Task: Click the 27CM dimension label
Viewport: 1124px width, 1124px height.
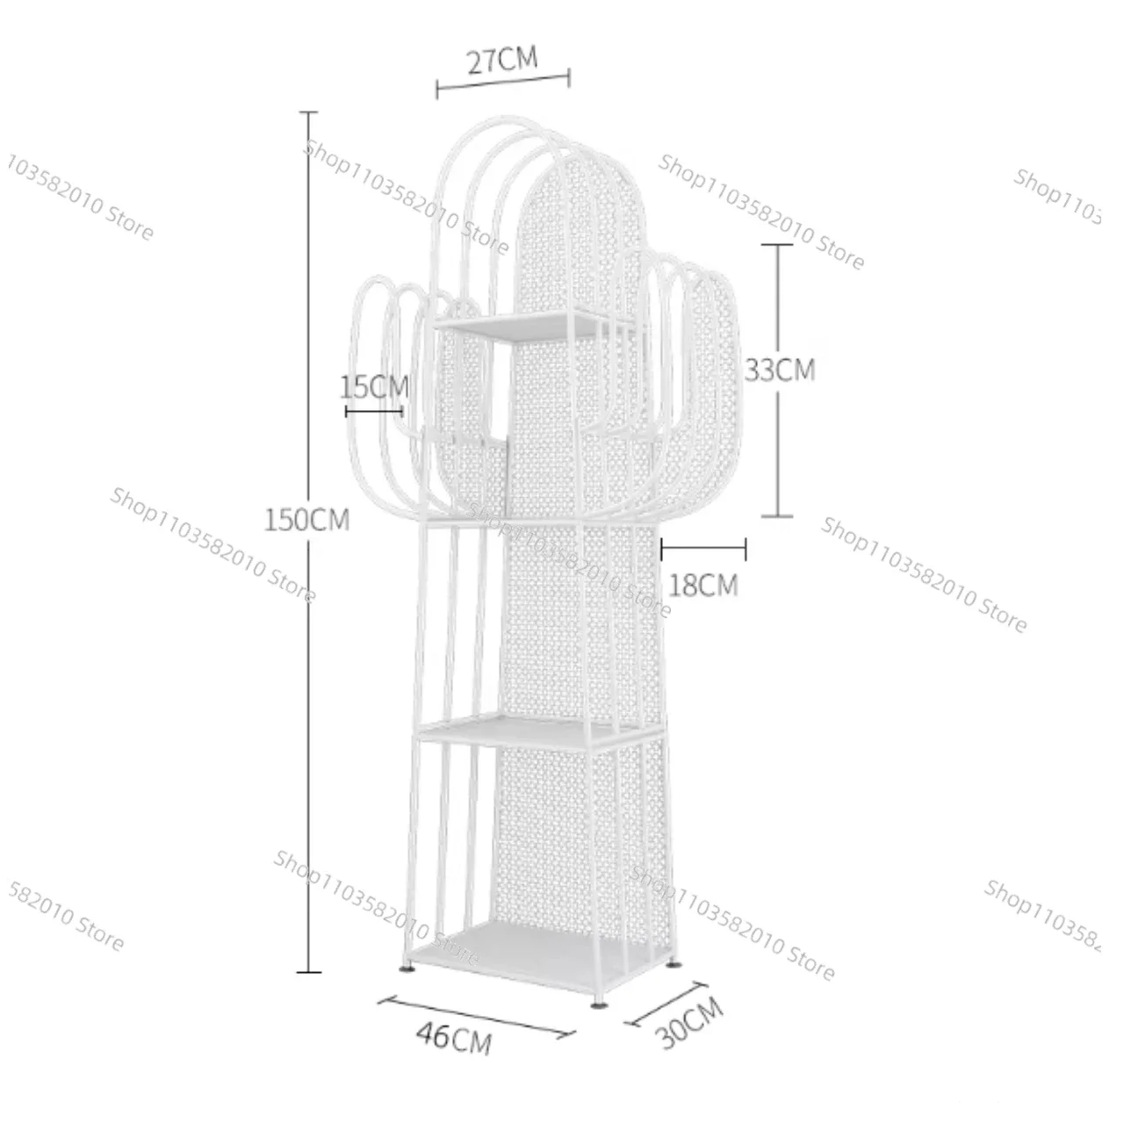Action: pyautogui.click(x=502, y=61)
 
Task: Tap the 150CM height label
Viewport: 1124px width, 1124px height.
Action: pyautogui.click(x=306, y=519)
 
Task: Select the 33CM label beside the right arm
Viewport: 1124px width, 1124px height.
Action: pyautogui.click(x=780, y=369)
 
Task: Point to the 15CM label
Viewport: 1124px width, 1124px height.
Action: pyautogui.click(x=374, y=386)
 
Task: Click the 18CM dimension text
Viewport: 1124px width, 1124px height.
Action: pyautogui.click(x=702, y=585)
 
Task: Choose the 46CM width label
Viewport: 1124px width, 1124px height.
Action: pyautogui.click(x=454, y=1053)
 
